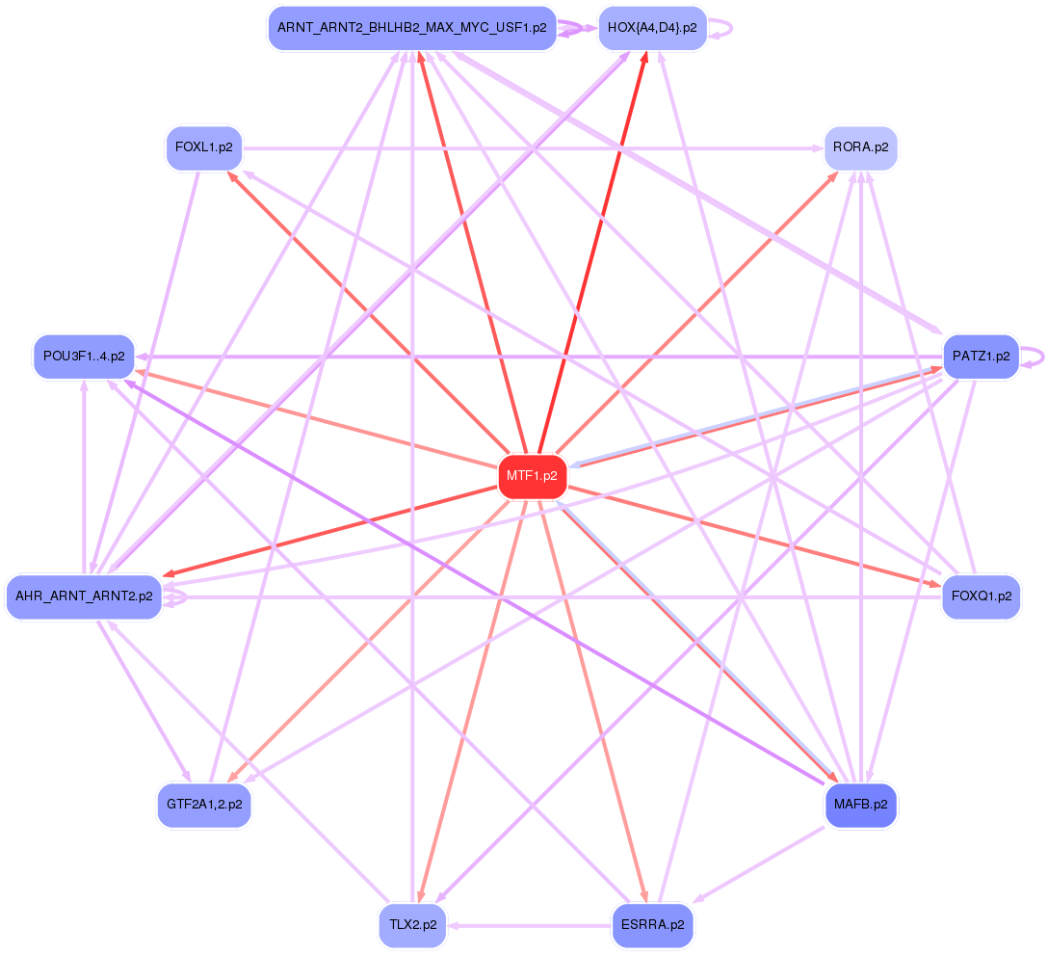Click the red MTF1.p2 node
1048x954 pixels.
[533, 476]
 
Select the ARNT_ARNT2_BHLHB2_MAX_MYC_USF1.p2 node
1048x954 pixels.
[412, 28]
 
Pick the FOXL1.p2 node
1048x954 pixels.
[203, 148]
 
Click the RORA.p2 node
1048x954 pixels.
[861, 148]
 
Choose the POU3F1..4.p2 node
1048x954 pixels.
[84, 357]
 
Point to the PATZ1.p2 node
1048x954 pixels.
[981, 357]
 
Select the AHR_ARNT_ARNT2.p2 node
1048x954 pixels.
[84, 596]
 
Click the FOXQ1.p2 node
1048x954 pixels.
[981, 596]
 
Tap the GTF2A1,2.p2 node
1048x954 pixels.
[203, 804]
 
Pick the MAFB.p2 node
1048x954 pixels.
[861, 804]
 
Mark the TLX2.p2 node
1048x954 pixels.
[412, 925]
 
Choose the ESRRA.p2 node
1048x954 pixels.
[653, 925]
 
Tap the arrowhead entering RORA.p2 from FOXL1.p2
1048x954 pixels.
[817, 148]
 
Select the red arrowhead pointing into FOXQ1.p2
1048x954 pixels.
[935, 582]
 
